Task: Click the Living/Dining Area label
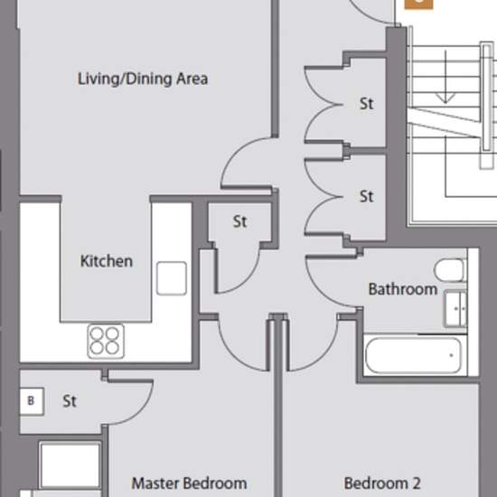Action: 143,79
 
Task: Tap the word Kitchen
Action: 107,261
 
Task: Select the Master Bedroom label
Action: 189,483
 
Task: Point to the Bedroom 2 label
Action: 382,483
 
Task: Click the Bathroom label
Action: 403,289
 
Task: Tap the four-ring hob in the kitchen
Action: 106,342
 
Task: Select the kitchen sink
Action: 172,278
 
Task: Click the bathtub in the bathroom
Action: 413,355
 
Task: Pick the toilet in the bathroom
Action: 450,270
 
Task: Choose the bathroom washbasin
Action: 455,309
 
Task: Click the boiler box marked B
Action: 32,401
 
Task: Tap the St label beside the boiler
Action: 70,401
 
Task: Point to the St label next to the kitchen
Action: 240,221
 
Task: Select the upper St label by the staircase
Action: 367,104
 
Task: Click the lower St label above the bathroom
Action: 367,196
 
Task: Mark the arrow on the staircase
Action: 445,77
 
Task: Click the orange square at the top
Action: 418,5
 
